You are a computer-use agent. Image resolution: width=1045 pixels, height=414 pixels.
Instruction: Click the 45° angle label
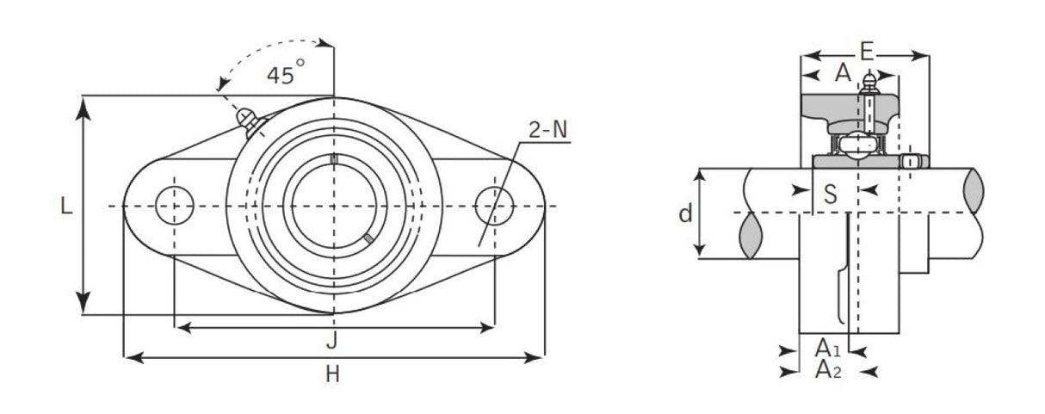coord(285,75)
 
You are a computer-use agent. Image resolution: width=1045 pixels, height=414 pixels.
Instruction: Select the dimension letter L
coord(65,207)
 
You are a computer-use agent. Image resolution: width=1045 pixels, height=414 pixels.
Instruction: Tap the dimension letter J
coord(331,342)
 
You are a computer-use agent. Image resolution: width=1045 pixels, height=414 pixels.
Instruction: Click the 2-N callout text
coord(547,130)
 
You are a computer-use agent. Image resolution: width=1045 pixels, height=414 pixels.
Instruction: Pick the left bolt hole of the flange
coord(174,206)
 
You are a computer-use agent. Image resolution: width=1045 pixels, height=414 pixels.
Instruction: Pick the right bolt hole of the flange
coord(494,206)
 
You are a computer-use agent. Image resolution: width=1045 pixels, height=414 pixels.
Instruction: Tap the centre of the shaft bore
coord(334,206)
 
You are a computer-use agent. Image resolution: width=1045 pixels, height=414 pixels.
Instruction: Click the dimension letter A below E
coord(843,74)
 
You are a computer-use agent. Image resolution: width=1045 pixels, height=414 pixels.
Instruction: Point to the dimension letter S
coord(830,195)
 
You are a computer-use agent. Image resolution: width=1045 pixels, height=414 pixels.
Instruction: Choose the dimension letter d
coord(684,213)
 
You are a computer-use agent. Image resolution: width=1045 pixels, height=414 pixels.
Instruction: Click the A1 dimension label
coord(827,349)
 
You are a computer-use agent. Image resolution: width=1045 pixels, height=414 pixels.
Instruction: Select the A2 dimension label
coord(827,370)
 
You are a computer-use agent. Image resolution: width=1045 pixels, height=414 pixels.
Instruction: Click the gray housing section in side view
coord(826,108)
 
